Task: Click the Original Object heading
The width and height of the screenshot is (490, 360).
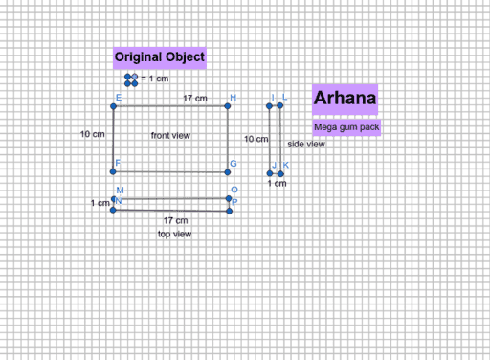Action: click(159, 57)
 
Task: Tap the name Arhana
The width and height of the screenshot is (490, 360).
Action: click(345, 99)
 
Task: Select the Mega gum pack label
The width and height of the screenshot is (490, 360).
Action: click(345, 126)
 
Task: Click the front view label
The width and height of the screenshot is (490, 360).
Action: click(171, 136)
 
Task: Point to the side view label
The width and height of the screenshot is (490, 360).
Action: click(306, 144)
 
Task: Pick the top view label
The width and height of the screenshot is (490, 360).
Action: click(175, 234)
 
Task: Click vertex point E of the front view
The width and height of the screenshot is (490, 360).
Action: click(114, 106)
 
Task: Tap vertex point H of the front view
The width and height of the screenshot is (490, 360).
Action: click(228, 106)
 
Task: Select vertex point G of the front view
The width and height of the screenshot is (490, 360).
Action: click(228, 171)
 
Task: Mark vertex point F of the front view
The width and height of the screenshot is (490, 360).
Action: click(114, 171)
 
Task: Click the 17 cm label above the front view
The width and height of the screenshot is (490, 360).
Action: click(195, 99)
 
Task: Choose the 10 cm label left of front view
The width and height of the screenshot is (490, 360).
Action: click(92, 135)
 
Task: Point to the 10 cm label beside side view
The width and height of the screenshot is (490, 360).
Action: click(255, 140)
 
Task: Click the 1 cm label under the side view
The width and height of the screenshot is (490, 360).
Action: click(276, 184)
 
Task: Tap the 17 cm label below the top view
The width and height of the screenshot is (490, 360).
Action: click(175, 221)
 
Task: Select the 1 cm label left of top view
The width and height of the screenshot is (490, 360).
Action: click(100, 204)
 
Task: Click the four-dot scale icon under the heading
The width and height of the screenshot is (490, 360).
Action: click(132, 78)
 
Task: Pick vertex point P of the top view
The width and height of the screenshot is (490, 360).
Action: click(231, 211)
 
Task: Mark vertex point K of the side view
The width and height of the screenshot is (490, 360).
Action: click(280, 173)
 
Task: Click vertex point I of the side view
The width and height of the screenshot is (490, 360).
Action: click(271, 105)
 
